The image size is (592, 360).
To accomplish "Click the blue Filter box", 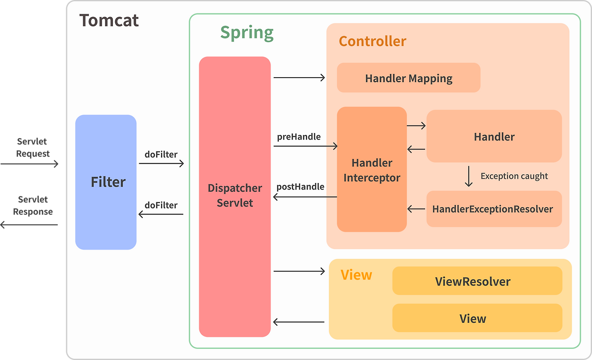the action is point(106,182).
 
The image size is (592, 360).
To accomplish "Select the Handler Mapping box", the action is point(408,78).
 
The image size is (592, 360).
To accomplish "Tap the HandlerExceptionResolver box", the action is point(494,209).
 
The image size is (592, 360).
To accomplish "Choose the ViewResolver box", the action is point(477,281).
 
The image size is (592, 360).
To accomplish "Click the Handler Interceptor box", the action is point(372,169).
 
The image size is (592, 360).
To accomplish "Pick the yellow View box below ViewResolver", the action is point(477,318).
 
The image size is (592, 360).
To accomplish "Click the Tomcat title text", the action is point(109,20).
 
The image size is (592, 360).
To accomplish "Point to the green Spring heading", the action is point(247,33).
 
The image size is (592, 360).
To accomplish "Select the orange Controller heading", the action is point(372,41).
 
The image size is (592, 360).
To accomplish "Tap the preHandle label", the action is point(299,137).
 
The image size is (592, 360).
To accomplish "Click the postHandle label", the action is point(300,187).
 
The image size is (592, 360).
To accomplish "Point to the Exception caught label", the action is point(514,176).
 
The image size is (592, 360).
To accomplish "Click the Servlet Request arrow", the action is point(29,164).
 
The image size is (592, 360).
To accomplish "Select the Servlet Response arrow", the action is point(29,225).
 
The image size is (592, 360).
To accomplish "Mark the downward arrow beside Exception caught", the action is point(469,177).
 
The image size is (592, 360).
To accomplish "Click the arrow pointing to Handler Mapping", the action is point(299,78).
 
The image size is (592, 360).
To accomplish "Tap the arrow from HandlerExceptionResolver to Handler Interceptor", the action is point(417,209).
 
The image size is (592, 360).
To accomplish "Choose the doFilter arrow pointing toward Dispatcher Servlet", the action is point(161,164).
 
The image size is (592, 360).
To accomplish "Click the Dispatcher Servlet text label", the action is point(234,195).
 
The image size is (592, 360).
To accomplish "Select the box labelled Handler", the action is point(494,136).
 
